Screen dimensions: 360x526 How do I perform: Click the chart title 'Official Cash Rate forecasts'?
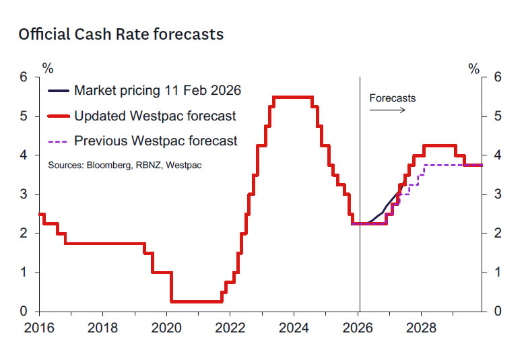(121, 34)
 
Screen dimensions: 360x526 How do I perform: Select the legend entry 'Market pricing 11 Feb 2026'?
(157, 90)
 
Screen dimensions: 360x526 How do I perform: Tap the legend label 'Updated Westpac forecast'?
(155, 116)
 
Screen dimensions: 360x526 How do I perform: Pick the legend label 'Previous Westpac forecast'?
(156, 141)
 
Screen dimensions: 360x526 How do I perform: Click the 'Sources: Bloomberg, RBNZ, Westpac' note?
(125, 165)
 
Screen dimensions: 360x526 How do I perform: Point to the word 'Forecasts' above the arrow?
(393, 98)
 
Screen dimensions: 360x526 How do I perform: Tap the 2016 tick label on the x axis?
(39, 329)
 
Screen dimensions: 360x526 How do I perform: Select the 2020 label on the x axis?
(166, 329)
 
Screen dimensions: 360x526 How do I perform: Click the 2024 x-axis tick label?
(294, 329)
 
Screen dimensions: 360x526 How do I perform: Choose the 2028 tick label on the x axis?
(421, 329)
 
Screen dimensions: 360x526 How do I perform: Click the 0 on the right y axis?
(498, 312)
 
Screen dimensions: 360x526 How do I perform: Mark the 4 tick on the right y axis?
(498, 155)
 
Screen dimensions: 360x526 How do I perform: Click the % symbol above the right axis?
(474, 68)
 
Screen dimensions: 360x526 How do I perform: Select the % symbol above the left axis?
(48, 68)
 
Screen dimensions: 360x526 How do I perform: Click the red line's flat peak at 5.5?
(293, 98)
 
